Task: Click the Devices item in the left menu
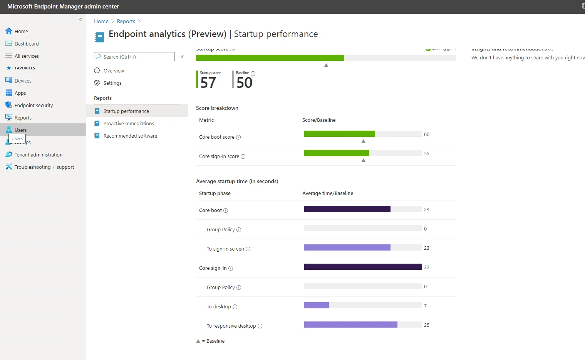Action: pyautogui.click(x=23, y=81)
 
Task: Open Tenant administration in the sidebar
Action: pyautogui.click(x=38, y=155)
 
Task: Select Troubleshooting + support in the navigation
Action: pyautogui.click(x=44, y=167)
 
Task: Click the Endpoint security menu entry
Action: pyautogui.click(x=34, y=105)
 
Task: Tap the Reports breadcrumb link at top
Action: pyautogui.click(x=126, y=21)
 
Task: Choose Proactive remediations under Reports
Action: pyautogui.click(x=129, y=123)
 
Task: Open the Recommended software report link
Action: pyautogui.click(x=130, y=136)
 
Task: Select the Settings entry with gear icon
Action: pyautogui.click(x=112, y=83)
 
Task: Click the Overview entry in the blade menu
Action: pyautogui.click(x=114, y=71)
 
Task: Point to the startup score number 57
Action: pyautogui.click(x=208, y=82)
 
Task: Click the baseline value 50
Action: pyautogui.click(x=244, y=82)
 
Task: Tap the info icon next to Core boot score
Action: pyautogui.click(x=238, y=137)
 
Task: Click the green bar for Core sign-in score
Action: pyautogui.click(x=336, y=153)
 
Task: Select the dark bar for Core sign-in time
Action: pyautogui.click(x=363, y=267)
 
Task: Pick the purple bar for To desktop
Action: pyautogui.click(x=316, y=305)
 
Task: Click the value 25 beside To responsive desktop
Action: pyautogui.click(x=426, y=325)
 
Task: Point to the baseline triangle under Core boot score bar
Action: pyautogui.click(x=363, y=141)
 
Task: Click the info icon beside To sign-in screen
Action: pyautogui.click(x=248, y=249)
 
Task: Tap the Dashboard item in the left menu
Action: pyautogui.click(x=27, y=44)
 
